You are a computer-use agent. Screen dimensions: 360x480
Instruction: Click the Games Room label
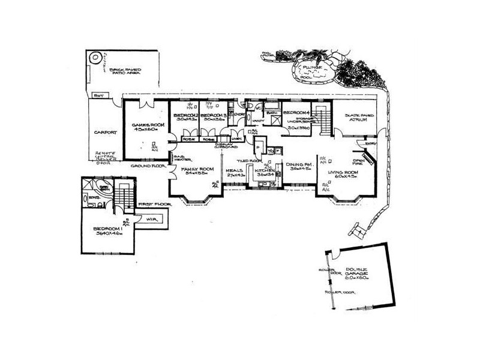click(x=143, y=125)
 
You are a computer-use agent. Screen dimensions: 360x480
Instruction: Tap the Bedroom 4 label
click(x=296, y=113)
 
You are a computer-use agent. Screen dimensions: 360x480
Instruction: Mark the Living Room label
click(x=343, y=175)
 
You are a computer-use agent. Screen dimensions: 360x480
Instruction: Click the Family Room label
click(x=197, y=170)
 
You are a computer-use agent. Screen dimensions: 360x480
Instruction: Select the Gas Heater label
click(x=181, y=158)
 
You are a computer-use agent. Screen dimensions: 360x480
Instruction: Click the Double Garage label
click(x=354, y=271)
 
